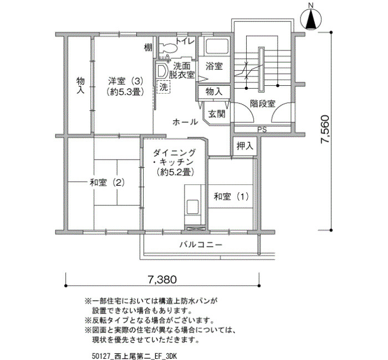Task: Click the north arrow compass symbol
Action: coord(311,19)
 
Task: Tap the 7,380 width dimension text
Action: coord(162,280)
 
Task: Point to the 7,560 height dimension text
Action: coord(325,129)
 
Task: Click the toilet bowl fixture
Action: coord(168,47)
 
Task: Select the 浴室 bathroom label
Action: coord(214,66)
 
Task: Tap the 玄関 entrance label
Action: coord(217,114)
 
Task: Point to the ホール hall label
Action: coord(185,122)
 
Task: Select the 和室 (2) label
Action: coord(107,183)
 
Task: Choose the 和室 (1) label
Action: coord(231,197)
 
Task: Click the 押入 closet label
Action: coord(245,146)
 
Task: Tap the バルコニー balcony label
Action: coord(201,245)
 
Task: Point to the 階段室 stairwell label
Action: coord(263,103)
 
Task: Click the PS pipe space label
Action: coord(262,129)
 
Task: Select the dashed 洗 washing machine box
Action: coord(164,87)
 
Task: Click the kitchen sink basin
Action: coord(193,207)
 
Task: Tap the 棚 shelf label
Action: coord(148,48)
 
